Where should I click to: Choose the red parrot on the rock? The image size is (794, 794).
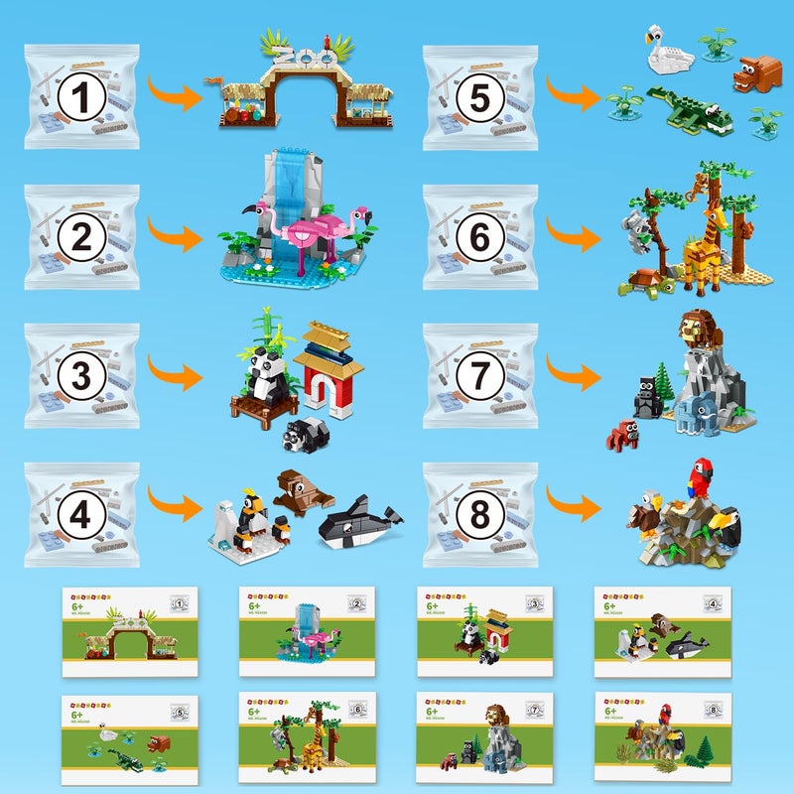tap(703, 477)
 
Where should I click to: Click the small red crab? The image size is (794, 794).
tap(624, 435)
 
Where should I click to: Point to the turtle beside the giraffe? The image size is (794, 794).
tap(646, 282)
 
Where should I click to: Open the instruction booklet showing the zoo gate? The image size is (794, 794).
tap(130, 631)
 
